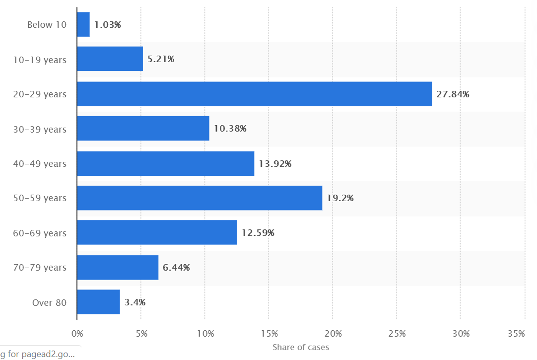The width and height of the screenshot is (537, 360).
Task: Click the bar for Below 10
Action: point(83,24)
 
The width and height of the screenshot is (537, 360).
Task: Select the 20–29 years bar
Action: point(255,94)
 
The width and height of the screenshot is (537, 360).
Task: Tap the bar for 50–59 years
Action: point(200,198)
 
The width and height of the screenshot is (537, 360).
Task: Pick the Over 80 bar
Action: point(99,302)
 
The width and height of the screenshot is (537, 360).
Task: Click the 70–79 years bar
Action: point(118,268)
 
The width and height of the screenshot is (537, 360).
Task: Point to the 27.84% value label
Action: point(453,94)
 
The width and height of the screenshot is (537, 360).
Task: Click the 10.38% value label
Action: point(230,129)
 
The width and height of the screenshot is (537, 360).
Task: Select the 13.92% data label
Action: point(275,164)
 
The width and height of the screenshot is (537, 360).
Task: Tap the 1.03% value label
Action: point(108,25)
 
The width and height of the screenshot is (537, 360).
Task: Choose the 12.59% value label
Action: point(258,233)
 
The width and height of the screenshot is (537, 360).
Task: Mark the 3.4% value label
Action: point(135,302)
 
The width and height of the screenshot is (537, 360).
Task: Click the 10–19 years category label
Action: point(40,60)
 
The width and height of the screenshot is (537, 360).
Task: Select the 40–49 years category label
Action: point(40,164)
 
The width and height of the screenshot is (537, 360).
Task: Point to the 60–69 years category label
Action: point(40,233)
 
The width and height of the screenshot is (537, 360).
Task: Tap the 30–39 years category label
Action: point(40,130)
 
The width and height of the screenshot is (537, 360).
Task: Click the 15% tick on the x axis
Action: point(269,334)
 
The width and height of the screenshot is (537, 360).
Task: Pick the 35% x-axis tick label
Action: point(517,334)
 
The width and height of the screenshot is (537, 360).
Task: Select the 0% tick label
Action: point(77,334)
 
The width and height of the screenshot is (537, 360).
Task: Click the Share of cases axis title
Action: point(301,347)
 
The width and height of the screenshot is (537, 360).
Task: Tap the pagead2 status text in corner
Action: point(37,354)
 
